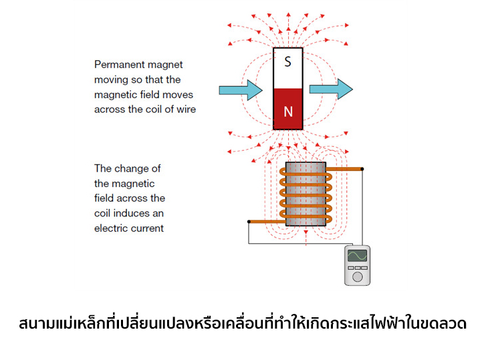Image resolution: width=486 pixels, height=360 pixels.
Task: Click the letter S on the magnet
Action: tap(287, 62)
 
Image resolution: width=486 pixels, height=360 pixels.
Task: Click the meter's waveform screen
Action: tap(357, 256)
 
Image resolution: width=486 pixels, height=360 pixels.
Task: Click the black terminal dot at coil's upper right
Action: tap(362, 169)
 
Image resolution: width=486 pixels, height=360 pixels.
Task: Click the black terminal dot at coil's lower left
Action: tap(249, 221)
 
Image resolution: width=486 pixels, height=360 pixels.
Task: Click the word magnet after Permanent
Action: tap(167, 65)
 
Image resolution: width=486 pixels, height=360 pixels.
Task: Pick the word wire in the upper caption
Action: tap(185, 109)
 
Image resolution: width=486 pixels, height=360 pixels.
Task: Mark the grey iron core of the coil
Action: tap(306, 194)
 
